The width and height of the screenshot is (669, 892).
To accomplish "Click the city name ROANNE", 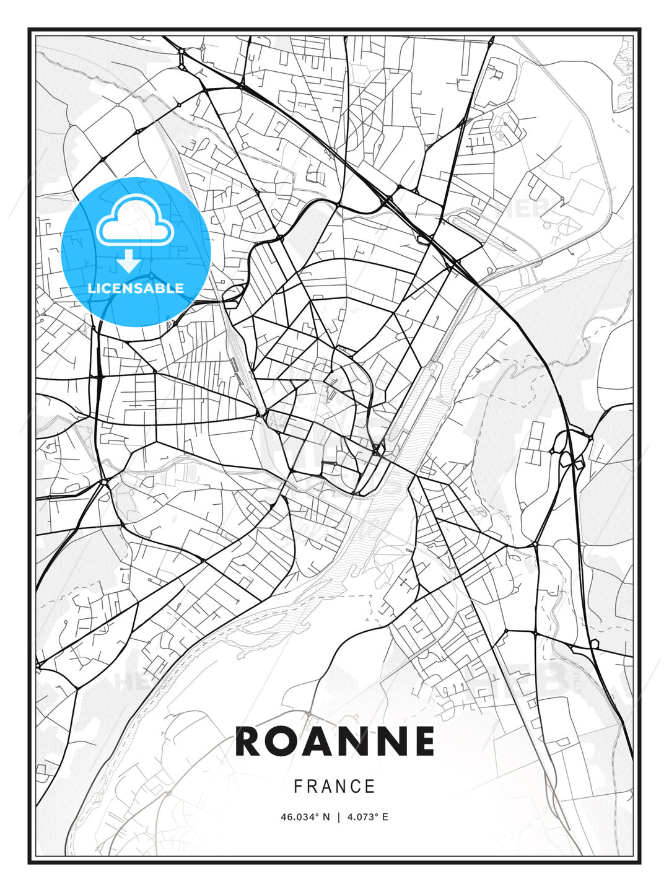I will pos(334,741).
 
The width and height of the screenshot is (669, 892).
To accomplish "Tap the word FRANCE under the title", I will pos(334,787).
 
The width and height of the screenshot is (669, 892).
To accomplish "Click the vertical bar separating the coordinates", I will pos(338,817).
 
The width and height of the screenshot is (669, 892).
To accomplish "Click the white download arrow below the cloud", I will pos(129,261).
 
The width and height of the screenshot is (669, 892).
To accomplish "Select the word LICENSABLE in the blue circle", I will pos(136,288).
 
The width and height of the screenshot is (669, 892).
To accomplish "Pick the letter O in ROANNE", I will pos(284,741).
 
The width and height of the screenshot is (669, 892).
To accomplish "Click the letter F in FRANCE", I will pos(298,787).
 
